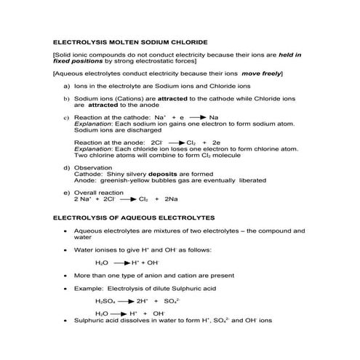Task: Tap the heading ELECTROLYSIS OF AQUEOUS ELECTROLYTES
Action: pos(131,217)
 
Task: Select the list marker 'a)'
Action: pos(67,85)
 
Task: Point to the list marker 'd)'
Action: pos(67,167)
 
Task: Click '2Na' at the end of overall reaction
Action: pos(172,198)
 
